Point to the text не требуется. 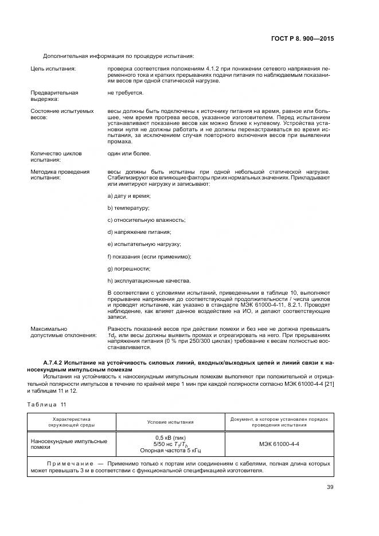point(125,92)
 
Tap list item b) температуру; point(128,209)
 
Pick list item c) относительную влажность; point(146,220)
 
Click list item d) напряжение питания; point(139,232)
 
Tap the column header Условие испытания point(170,421)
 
